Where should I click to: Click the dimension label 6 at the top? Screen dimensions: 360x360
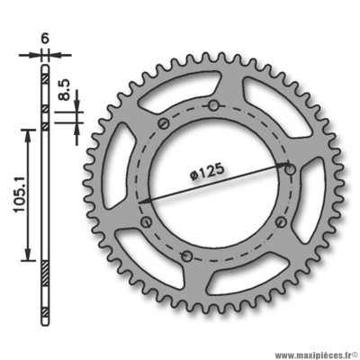[45, 40]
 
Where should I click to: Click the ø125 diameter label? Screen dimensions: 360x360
[207, 171]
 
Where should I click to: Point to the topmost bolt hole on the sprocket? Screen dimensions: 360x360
[213, 105]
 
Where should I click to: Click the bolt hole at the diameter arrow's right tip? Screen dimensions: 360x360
[290, 170]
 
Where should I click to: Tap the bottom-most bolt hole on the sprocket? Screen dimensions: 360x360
[186, 256]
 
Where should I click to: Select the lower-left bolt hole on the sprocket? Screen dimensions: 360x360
[147, 222]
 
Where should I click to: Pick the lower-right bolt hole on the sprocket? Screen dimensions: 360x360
[281, 222]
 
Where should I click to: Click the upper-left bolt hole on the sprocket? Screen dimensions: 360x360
[164, 123]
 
